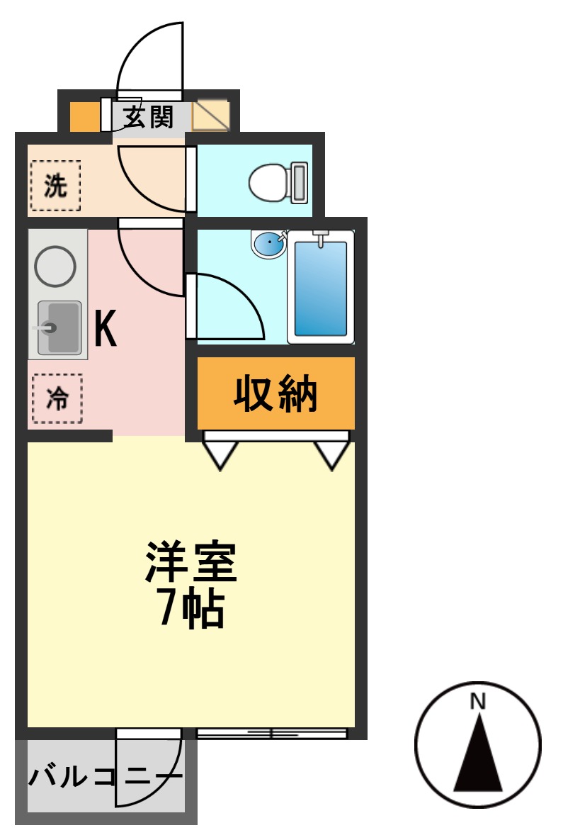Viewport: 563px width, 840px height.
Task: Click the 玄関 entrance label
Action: [149, 117]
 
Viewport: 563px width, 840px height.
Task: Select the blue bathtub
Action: [321, 289]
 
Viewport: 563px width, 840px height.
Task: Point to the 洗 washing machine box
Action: [55, 186]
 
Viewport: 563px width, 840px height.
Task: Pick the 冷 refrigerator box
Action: [57, 399]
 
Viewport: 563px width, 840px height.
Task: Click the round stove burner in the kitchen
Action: [55, 267]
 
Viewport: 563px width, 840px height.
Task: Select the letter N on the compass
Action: [478, 702]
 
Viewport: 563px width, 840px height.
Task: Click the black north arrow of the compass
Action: [479, 758]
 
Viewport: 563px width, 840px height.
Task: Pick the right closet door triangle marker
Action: [332, 454]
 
